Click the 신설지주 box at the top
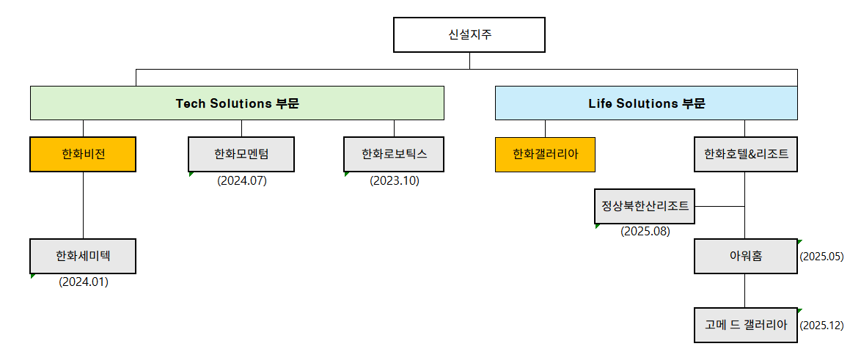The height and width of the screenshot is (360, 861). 469,34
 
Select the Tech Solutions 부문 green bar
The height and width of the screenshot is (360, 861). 237,103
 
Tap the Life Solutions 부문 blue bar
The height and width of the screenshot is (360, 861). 646,103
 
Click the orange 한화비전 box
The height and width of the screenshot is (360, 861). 83,154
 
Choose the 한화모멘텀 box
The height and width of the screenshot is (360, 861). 241,154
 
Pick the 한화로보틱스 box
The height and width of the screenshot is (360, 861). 395,154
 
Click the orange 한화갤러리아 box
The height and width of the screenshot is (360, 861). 545,154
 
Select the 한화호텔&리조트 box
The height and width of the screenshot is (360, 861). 745,154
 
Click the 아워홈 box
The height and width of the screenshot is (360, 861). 745,256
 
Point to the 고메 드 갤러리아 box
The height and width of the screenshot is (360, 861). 745,325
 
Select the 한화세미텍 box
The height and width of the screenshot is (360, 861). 83,256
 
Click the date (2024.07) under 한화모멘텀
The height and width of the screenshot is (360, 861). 242,180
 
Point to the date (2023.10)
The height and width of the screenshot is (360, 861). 395,180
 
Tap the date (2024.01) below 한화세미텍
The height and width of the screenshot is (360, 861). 84,282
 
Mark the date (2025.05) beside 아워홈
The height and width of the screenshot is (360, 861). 822,257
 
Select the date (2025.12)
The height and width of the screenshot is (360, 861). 822,325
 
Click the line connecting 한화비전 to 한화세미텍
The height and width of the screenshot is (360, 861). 83,205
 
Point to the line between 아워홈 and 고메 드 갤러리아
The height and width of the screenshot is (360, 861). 745,291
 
